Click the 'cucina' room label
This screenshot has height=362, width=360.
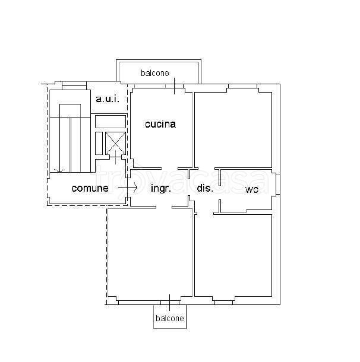pyautogui.click(x=160, y=124)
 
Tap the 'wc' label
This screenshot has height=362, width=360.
pyautogui.click(x=252, y=189)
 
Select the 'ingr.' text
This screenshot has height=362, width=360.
pyautogui.click(x=161, y=188)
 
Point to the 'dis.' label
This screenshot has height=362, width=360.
pyautogui.click(x=205, y=188)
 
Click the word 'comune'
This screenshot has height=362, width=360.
pyautogui.click(x=90, y=188)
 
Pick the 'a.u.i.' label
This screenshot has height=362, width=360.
pyautogui.click(x=108, y=99)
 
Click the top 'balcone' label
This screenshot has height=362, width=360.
pyautogui.click(x=155, y=73)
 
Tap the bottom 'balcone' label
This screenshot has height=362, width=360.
pyautogui.click(x=170, y=318)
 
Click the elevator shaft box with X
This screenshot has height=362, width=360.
pyautogui.click(x=115, y=144)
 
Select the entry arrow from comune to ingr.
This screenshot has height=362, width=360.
pyautogui.click(x=128, y=187)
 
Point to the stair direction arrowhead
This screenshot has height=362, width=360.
pyautogui.click(x=59, y=171)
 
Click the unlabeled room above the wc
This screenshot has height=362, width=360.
pyautogui.click(x=233, y=130)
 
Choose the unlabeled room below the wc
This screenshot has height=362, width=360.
pyautogui.click(x=233, y=256)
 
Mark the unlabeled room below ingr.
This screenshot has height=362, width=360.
pyautogui.click(x=150, y=253)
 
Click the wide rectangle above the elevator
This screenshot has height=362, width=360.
pyautogui.click(x=110, y=122)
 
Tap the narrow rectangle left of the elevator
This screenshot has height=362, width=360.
pyautogui.click(x=99, y=144)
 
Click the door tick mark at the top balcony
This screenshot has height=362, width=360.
pyautogui.click(x=174, y=86)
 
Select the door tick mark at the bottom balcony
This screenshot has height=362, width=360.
pyautogui.click(x=169, y=303)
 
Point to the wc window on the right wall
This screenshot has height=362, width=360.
pyautogui.click(x=278, y=184)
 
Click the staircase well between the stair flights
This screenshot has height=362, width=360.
pyautogui.click(x=70, y=145)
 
